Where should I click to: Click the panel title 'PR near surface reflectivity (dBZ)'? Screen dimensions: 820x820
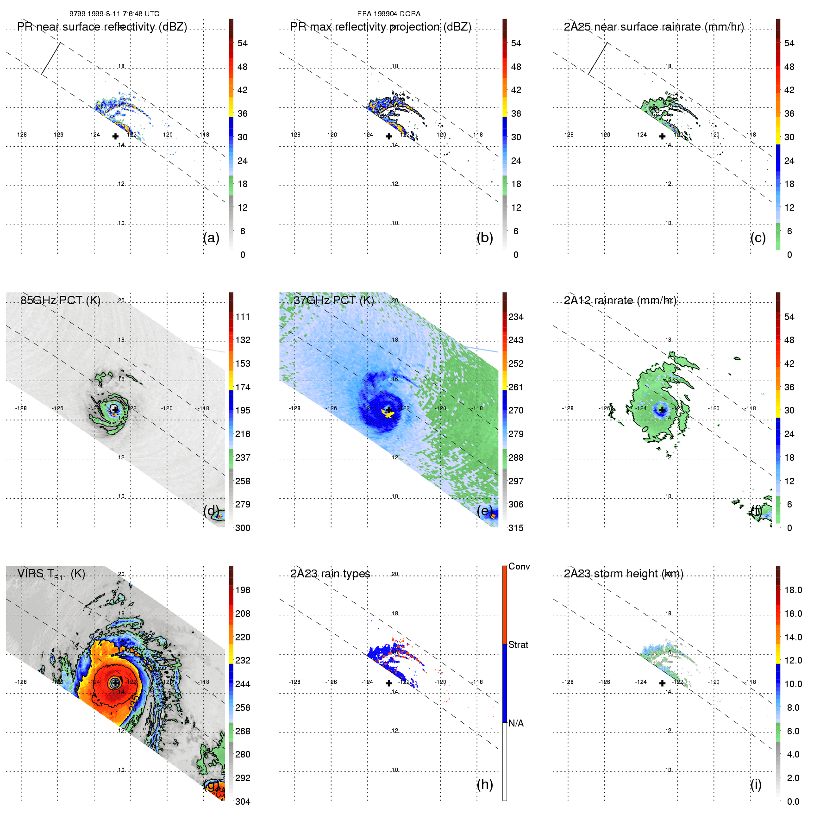click(102, 27)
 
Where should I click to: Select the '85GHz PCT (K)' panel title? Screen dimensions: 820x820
click(60, 300)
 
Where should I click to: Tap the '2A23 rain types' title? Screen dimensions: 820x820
click(330, 574)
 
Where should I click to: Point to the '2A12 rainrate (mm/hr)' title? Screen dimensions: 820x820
click(620, 300)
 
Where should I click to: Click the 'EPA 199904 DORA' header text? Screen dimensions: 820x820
click(389, 14)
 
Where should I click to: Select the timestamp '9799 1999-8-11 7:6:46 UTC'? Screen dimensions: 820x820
click(114, 14)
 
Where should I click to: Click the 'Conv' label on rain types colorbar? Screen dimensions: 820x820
click(519, 566)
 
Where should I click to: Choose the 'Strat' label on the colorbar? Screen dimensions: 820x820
click(518, 645)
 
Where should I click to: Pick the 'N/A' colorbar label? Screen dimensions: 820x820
click(516, 723)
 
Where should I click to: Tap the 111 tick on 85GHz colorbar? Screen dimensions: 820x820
click(243, 317)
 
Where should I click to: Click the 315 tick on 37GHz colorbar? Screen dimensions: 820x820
click(516, 528)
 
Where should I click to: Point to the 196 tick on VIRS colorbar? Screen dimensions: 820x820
click(243, 590)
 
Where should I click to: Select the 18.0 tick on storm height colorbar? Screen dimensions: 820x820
click(793, 590)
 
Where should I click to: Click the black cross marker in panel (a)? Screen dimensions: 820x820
click(115, 136)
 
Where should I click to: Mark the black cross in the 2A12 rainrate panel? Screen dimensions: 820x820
click(663, 410)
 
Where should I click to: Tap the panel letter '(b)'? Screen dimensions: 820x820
click(485, 238)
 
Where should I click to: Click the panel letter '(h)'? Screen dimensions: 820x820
click(485, 784)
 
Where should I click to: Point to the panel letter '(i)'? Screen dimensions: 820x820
click(756, 784)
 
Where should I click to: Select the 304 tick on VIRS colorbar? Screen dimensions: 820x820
click(243, 801)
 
